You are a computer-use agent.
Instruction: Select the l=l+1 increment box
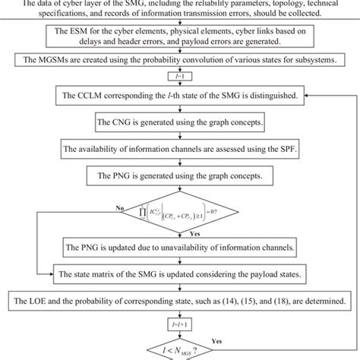(181, 321)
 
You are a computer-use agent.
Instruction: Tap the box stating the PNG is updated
(180, 248)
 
